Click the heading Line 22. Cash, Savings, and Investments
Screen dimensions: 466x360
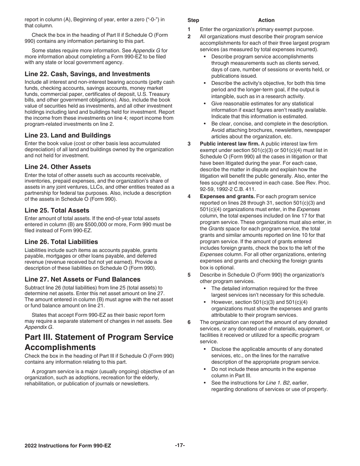[x=87, y=74]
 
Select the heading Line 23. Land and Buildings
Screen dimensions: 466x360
[x=67, y=135]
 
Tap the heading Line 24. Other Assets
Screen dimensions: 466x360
[x=58, y=167]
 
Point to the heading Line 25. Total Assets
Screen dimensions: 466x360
[x=57, y=210]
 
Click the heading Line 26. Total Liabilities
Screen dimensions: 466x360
[x=61, y=242]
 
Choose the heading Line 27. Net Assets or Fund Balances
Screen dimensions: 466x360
[x=82, y=279]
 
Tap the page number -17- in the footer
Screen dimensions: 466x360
[x=180, y=446]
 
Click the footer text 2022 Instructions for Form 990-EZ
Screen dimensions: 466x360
[x=68, y=446]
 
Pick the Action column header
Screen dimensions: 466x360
[x=266, y=20]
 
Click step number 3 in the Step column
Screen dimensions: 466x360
[x=189, y=144]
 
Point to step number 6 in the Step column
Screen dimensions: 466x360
[x=189, y=322]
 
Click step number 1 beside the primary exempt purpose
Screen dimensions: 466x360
[x=189, y=30]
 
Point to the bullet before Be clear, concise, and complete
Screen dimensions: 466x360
[x=205, y=124]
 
